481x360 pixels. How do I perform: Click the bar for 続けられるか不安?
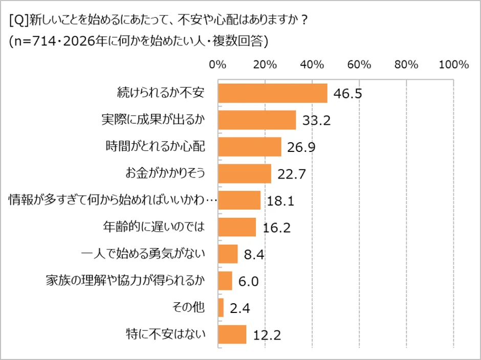click(272, 93)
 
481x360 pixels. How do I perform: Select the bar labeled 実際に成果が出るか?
click(257, 120)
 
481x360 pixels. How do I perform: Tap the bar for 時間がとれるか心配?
click(250, 147)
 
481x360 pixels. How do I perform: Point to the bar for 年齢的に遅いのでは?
click(237, 227)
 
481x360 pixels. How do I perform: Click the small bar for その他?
click(221, 308)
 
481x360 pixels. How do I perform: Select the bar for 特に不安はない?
click(232, 335)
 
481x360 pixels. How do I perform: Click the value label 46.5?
click(348, 94)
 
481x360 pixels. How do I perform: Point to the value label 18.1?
click(280, 201)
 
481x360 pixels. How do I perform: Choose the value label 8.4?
click(254, 255)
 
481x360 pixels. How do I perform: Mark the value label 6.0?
click(248, 282)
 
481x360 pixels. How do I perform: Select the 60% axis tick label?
click(359, 65)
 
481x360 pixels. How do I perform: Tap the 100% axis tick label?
click(454, 65)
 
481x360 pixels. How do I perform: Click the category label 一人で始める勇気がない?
click(143, 254)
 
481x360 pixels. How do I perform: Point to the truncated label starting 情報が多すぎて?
click(113, 200)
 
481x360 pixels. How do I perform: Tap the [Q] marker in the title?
click(19, 21)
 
